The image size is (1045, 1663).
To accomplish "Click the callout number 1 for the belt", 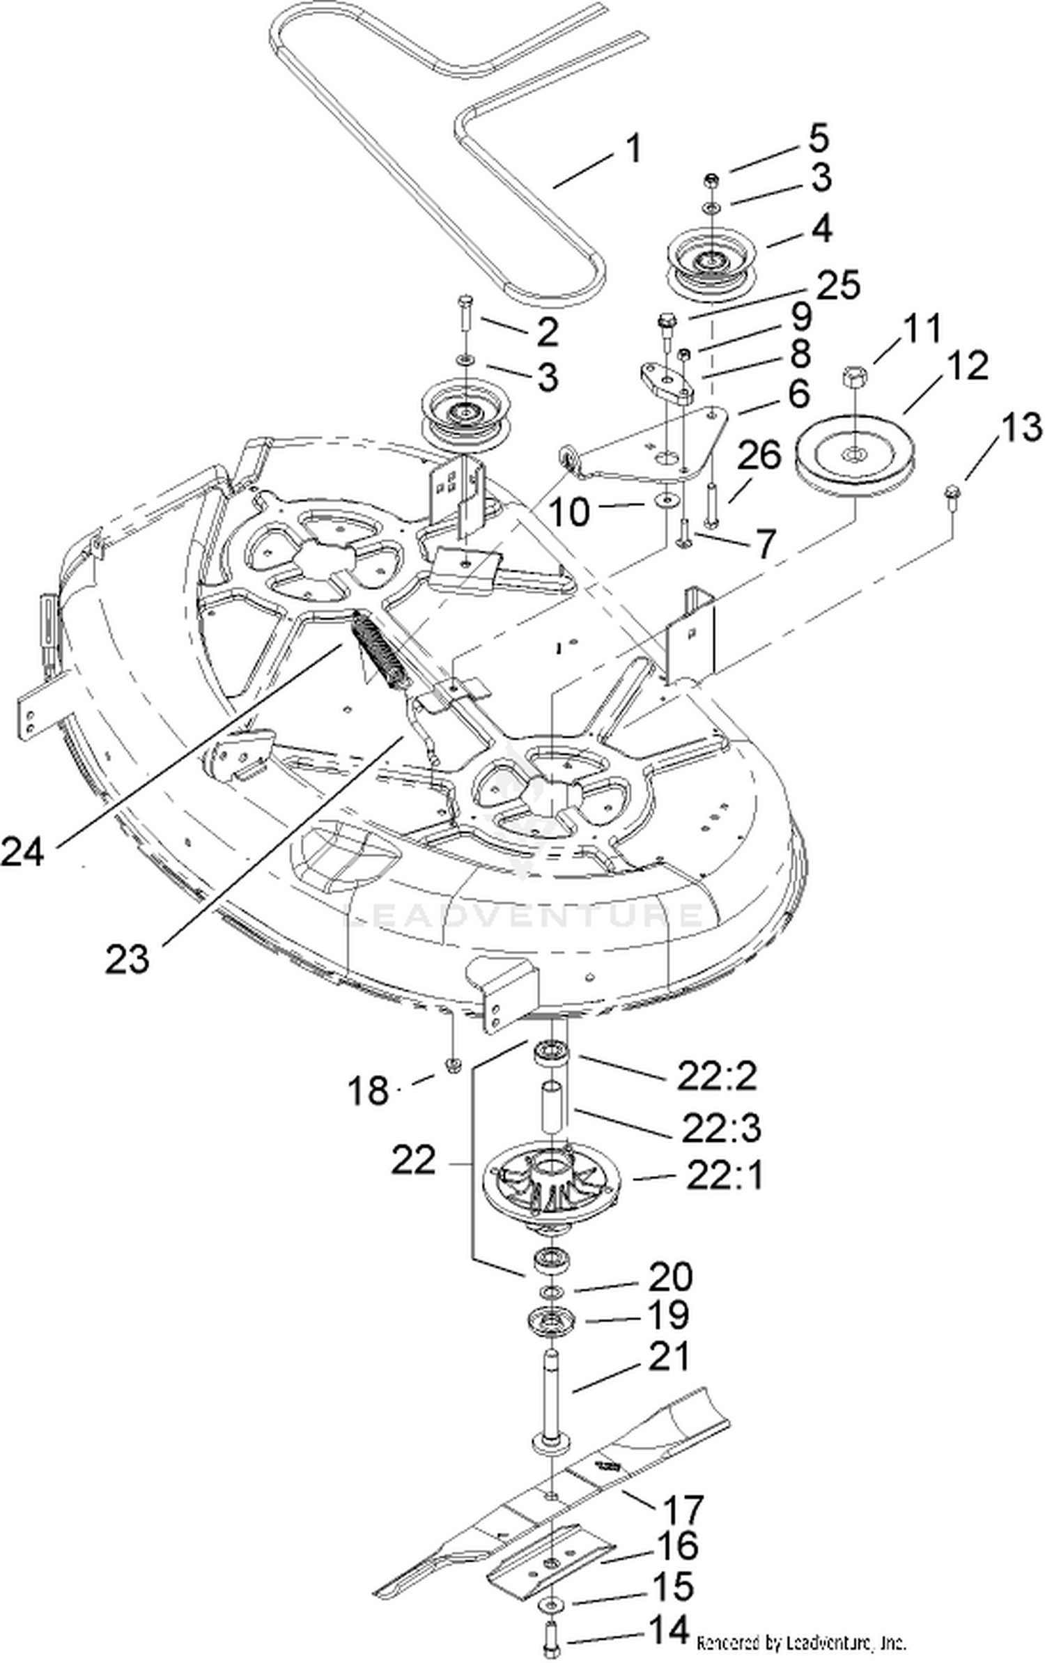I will [632, 149].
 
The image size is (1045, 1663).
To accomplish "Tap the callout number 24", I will [22, 851].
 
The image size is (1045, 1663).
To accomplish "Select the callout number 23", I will [127, 958].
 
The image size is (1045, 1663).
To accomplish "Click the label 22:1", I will [725, 1176].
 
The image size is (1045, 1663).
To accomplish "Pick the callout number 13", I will [1022, 426].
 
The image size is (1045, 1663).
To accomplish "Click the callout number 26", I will [759, 457].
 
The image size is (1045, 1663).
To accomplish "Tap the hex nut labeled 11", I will [855, 380].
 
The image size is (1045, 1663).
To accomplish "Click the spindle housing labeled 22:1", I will [550, 1183].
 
